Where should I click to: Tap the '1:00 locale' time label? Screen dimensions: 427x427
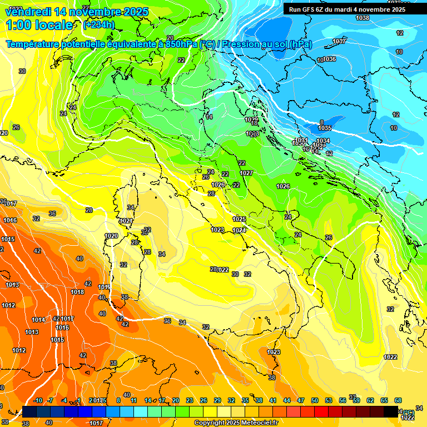tap(39, 25)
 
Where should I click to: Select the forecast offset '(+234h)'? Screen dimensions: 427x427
tap(99, 24)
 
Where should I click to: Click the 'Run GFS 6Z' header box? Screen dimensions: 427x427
tap(347, 9)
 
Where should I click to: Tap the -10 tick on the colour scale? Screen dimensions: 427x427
tap(38, 401)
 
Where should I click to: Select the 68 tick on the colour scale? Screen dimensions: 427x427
tap(398, 401)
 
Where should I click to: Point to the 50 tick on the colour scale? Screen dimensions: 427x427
tap(315, 401)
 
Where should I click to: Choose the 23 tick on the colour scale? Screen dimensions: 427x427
tap(190, 401)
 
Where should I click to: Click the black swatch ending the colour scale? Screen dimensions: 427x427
tap(391, 411)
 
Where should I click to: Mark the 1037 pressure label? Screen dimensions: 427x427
tap(339, 42)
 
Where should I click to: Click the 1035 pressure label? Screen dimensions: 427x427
tap(325, 128)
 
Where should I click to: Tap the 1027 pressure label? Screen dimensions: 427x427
tap(246, 173)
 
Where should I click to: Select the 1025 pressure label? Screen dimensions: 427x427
tap(239, 219)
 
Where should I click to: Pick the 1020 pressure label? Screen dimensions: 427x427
tap(111, 236)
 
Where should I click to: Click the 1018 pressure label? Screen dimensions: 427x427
tap(77, 292)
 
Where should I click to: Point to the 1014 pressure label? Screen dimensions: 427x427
tap(38, 320)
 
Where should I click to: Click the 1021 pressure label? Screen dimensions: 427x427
tap(127, 221)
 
